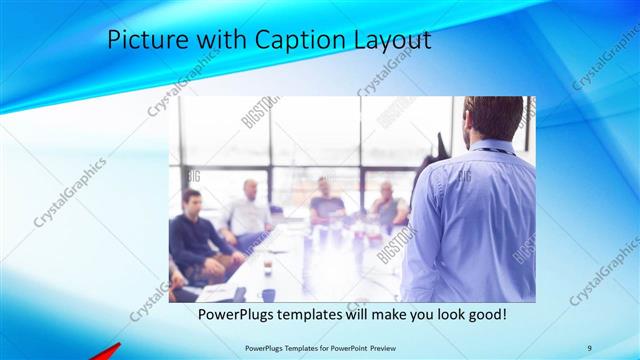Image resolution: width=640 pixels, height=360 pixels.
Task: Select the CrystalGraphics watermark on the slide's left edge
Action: click(70, 191)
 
